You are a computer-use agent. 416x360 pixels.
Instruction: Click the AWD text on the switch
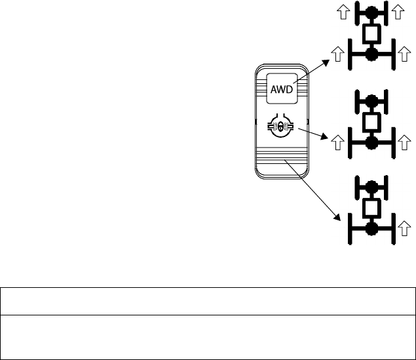coord(282,89)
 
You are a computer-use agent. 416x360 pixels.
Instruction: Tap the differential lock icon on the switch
coord(281,127)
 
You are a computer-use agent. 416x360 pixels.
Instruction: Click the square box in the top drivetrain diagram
coord(372,32)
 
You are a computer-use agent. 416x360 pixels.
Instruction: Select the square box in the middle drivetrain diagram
coord(372,121)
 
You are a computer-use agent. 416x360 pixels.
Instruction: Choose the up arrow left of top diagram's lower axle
coord(337,54)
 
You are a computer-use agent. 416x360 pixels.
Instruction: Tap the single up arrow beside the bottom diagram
coord(406,228)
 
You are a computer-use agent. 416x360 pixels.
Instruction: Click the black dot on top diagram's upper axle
coord(372,12)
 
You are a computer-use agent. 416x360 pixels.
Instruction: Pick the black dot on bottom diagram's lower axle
coord(372,228)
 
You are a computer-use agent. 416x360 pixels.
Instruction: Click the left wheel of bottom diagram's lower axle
coord(349,228)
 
